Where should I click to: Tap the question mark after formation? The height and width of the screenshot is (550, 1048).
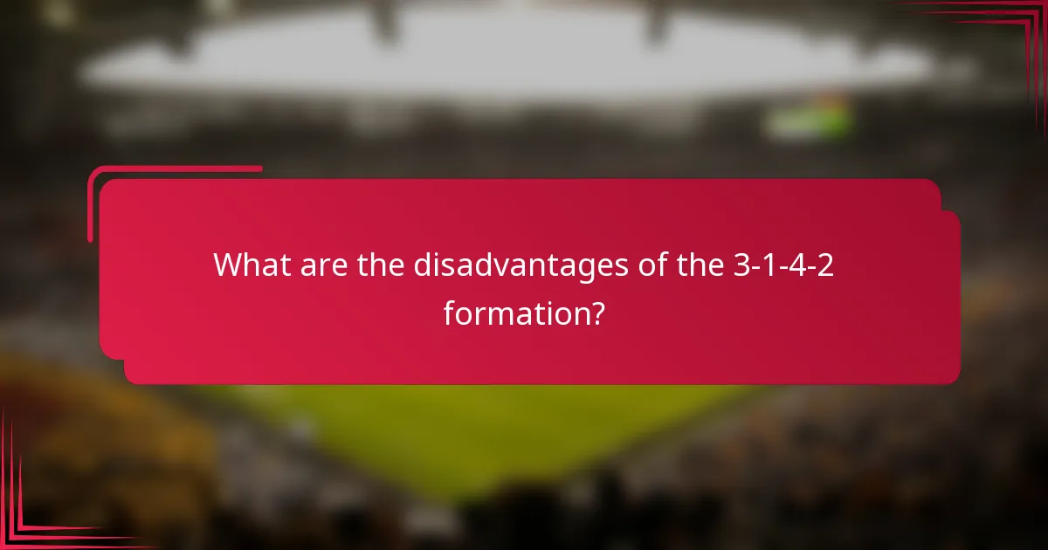595,312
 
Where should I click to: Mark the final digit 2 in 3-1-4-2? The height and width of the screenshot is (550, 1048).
825,265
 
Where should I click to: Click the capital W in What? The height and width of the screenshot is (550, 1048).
229,265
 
